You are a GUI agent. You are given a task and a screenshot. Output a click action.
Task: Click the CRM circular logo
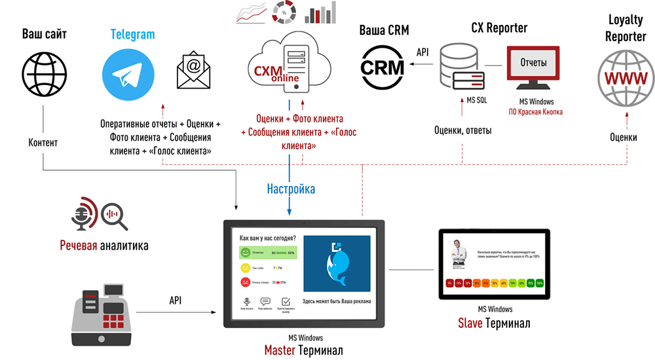pyautogui.click(x=383, y=68)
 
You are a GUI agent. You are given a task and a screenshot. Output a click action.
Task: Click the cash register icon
pyautogui.click(x=104, y=319)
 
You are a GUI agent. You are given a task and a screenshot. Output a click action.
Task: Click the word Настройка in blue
pyautogui.click(x=291, y=189)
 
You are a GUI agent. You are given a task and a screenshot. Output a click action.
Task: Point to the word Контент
pyautogui.click(x=43, y=143)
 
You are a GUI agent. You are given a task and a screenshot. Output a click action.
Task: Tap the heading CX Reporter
pyautogui.click(x=499, y=27)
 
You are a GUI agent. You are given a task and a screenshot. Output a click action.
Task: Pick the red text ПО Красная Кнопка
pyautogui.click(x=536, y=112)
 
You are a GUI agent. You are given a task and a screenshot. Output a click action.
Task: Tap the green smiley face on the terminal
pyautogui.click(x=244, y=252)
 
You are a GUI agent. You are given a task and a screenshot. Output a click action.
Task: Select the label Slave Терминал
pyautogui.click(x=494, y=323)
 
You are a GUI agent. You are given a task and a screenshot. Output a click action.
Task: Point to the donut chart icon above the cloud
pyautogui.click(x=286, y=12)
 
